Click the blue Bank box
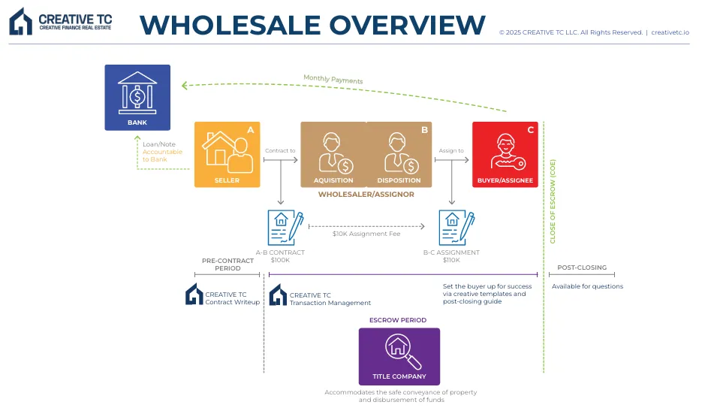tap(137, 97)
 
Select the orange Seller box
tap(227, 154)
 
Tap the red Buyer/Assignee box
tap(505, 154)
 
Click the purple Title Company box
tap(399, 356)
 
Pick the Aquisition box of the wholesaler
tap(333, 154)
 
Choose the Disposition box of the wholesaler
tap(399, 154)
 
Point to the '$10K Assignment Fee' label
tap(366, 234)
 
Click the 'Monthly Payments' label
tap(333, 79)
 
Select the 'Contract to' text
tap(280, 150)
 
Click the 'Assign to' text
tap(451, 150)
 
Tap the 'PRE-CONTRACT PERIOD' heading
tap(221, 264)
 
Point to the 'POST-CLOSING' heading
tap(581, 267)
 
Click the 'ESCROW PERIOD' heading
tap(398, 320)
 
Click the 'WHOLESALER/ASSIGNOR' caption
tap(366, 195)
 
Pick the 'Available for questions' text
tap(587, 286)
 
